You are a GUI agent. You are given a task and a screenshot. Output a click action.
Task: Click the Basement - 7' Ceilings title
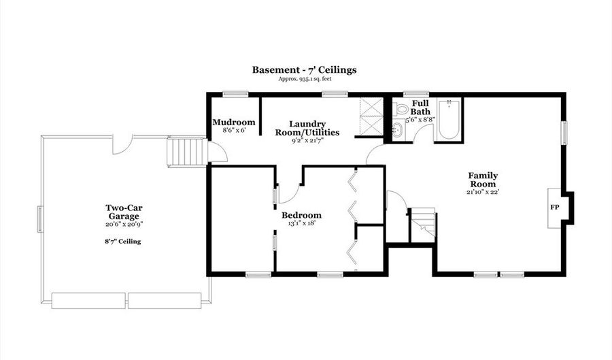(304, 70)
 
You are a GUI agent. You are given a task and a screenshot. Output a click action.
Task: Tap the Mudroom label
(234, 122)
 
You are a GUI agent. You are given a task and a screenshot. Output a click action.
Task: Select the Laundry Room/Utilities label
(307, 129)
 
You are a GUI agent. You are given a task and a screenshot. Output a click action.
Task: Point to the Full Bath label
(420, 108)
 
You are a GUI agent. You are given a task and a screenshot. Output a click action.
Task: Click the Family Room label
(483, 180)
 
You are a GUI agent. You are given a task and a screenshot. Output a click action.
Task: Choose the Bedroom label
(302, 215)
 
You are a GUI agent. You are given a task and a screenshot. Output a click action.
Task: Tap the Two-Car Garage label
(123, 212)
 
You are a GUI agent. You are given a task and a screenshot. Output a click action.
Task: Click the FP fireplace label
(554, 208)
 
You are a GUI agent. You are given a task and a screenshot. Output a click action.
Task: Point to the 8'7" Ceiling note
(123, 242)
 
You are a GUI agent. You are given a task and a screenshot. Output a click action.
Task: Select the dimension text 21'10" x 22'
(483, 192)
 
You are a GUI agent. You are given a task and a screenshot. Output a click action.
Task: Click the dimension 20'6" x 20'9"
(123, 225)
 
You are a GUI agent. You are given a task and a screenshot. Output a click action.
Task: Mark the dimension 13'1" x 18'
(301, 224)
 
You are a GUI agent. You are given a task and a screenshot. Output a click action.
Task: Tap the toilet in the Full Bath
(400, 109)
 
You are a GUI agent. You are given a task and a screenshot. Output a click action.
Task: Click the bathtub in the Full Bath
(448, 120)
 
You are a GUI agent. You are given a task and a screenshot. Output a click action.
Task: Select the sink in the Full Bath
(398, 129)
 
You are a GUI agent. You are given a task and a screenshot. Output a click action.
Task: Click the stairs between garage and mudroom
(186, 152)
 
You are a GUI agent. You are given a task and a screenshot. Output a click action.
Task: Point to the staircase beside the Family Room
(423, 223)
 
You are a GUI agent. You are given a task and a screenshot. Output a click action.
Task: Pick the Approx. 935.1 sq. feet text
(305, 79)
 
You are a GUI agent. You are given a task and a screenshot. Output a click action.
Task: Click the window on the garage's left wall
(40, 219)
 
